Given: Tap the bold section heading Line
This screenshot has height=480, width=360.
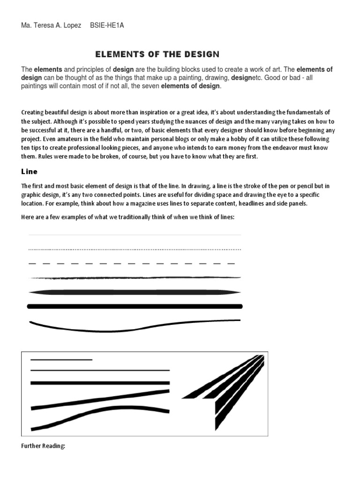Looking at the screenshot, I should (29, 172).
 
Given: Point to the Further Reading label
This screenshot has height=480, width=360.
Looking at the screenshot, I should (43, 446).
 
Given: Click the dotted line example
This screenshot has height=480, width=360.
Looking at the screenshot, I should (135, 249).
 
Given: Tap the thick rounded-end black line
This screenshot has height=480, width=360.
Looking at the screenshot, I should (135, 307).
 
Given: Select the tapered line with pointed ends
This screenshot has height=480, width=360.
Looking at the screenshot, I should (135, 292).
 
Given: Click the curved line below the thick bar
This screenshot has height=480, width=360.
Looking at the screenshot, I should (135, 325).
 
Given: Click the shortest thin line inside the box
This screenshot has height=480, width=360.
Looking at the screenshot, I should (61, 360).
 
